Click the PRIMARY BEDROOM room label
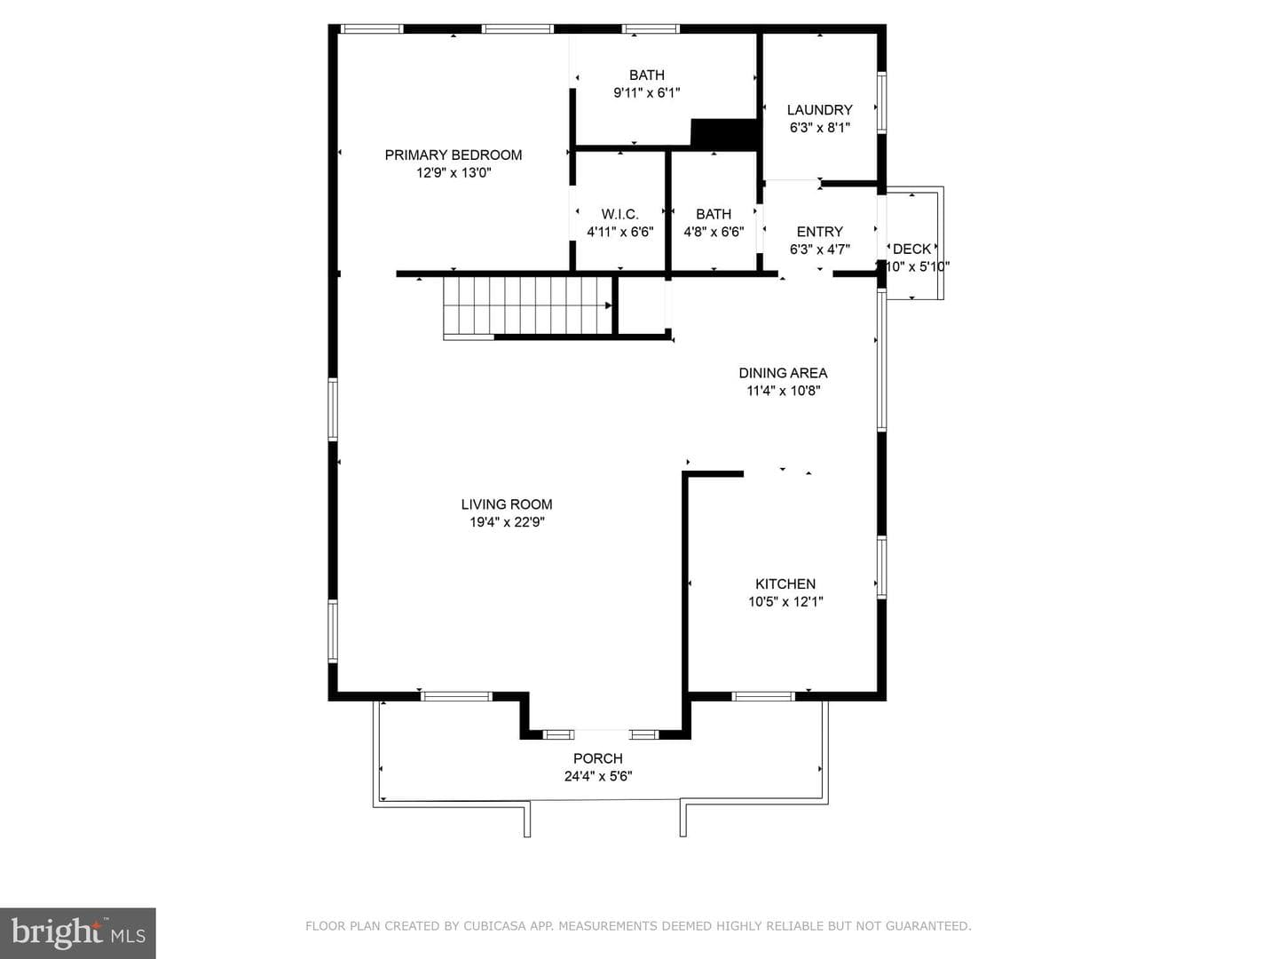coord(453,155)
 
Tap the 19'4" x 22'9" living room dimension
coord(507,522)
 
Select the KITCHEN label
coord(785,583)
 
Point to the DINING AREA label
coord(783,373)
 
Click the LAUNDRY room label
coord(819,109)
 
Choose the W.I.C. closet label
coord(619,214)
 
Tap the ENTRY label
coord(820,231)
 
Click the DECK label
coord(911,249)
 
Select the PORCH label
coord(598,758)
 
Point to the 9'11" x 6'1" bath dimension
coord(646,92)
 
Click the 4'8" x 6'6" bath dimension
coord(714,232)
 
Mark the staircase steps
coord(527,305)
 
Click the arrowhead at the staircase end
coord(609,305)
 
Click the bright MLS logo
coord(77,932)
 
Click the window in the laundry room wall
coord(881,102)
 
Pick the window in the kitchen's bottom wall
coord(762,696)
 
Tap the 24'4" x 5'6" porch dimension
coord(598,776)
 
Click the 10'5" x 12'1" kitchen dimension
coord(785,601)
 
